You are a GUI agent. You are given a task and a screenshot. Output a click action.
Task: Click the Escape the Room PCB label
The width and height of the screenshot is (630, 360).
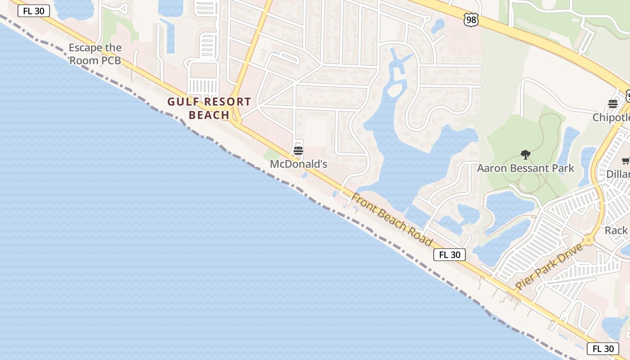click(x=95, y=54)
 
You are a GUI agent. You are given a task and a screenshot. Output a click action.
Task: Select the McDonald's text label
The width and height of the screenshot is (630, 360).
click(x=298, y=164)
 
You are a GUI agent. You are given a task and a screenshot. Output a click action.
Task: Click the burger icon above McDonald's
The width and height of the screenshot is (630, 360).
click(x=298, y=150)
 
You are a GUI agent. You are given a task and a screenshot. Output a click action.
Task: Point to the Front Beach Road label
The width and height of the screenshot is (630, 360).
click(x=391, y=220)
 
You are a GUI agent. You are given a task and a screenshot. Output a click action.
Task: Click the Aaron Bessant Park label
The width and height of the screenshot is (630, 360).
click(x=525, y=168)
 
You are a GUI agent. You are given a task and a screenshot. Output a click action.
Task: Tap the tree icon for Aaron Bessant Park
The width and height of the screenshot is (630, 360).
click(x=525, y=155)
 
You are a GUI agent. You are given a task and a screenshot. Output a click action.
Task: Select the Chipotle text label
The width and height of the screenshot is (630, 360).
click(x=611, y=117)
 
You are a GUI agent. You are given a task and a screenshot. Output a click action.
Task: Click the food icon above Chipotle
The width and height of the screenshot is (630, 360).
click(x=613, y=104)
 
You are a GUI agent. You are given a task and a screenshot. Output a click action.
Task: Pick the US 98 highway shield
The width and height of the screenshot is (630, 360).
click(x=471, y=20)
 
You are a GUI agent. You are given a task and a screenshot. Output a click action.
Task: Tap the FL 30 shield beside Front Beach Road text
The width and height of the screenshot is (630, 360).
click(x=450, y=255)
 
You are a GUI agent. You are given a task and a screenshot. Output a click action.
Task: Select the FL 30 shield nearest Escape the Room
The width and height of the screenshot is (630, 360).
click(x=34, y=11)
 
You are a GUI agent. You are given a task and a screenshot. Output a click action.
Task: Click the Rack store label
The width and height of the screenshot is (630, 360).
click(x=616, y=230)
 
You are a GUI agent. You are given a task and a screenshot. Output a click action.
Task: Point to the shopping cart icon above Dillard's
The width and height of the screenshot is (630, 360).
click(x=625, y=161)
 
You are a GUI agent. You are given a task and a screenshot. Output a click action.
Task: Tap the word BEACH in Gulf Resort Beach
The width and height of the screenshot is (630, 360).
click(x=209, y=115)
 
